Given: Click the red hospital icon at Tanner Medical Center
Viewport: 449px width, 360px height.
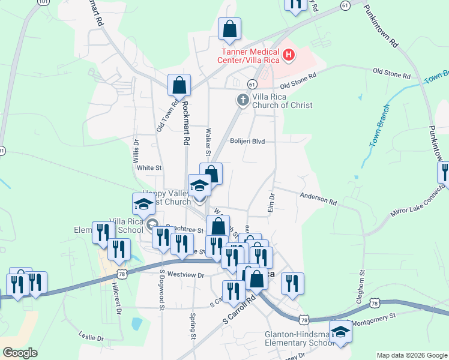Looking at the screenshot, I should [289, 56].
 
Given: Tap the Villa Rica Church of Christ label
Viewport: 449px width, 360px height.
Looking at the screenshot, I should [282, 101].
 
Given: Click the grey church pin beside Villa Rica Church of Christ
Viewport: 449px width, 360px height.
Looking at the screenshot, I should [243, 100].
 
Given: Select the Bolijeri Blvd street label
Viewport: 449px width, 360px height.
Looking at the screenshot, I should [248, 142].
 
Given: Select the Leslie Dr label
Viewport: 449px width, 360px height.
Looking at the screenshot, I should [91, 338].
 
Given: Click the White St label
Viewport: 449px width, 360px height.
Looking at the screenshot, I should [149, 168].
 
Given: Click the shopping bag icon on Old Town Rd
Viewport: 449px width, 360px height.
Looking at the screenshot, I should [179, 86].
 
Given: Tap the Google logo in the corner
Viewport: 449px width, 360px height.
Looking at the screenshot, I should [20, 353].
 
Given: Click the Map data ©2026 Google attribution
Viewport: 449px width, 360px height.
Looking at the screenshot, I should [411, 355].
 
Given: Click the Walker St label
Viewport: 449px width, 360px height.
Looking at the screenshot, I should [208, 137].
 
